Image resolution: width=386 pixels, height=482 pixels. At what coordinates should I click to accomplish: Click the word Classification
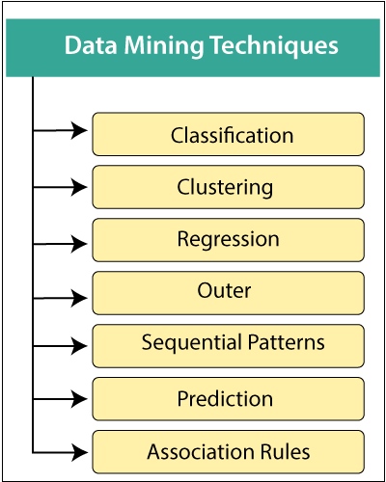coord(232,135)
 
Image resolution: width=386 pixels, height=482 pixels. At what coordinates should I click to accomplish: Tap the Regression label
coord(228,239)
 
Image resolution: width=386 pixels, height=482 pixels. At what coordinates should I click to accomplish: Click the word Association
coord(197,451)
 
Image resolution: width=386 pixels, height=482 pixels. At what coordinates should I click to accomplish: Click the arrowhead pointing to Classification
coord(82,129)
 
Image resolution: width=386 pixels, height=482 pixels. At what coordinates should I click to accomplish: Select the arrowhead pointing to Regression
coord(82,246)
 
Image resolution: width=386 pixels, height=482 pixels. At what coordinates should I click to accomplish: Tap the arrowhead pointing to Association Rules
coord(82,450)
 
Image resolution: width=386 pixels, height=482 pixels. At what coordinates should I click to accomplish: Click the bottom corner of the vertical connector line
coord(34,450)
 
